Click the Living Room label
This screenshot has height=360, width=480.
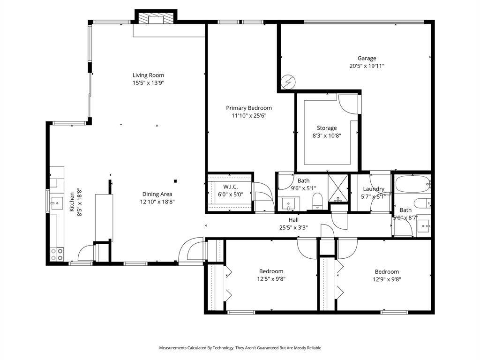(x=148, y=75)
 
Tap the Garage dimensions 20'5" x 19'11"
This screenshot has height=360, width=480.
(x=367, y=66)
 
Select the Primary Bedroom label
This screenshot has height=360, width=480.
(x=249, y=108)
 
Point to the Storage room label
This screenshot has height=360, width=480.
(x=327, y=128)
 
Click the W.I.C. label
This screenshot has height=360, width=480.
(x=231, y=187)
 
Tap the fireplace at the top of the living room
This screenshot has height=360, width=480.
(x=156, y=18)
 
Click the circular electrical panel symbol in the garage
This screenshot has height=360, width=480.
(x=288, y=82)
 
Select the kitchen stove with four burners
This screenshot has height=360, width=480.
(x=57, y=255)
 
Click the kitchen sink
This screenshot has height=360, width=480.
(x=57, y=203)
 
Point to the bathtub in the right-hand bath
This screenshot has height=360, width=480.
(x=412, y=184)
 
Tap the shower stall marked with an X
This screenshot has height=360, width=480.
(x=338, y=188)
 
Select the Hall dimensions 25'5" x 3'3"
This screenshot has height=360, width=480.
(x=293, y=227)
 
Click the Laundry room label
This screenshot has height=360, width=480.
(x=374, y=189)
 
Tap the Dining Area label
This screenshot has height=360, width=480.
(x=157, y=194)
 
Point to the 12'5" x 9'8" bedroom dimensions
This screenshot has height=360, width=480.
(x=271, y=279)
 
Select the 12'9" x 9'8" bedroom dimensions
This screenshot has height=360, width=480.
(x=387, y=279)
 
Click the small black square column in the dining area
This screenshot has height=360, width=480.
(x=175, y=181)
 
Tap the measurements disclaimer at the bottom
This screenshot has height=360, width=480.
(x=240, y=348)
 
